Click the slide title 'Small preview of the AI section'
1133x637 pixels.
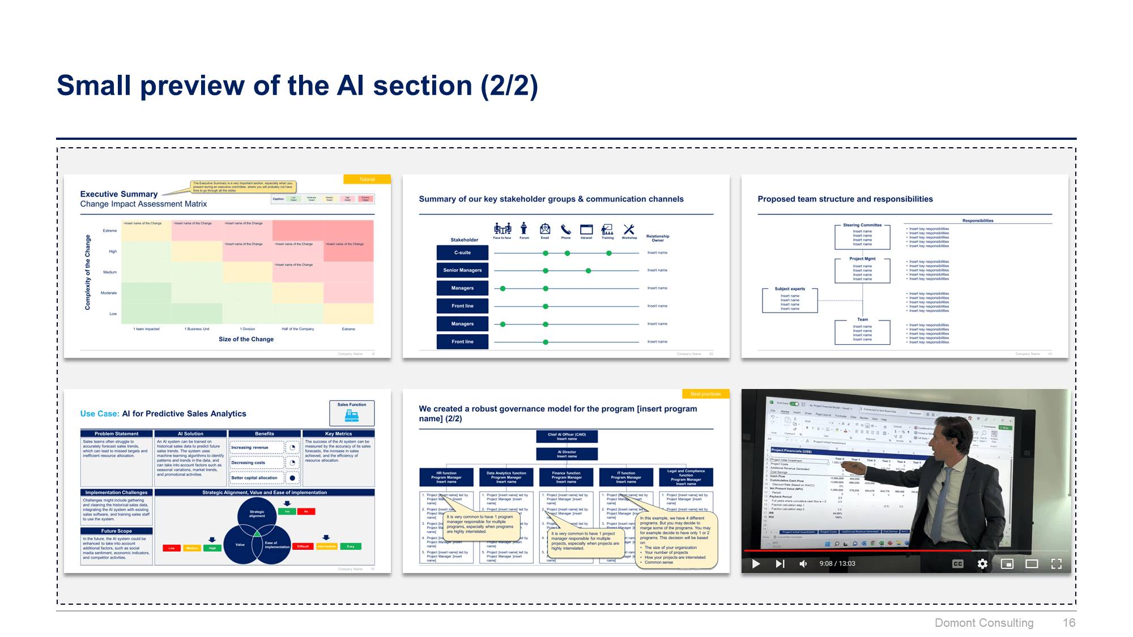(297, 86)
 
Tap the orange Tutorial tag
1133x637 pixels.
(367, 179)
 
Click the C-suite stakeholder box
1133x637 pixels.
(462, 253)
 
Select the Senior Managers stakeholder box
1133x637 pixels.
(462, 270)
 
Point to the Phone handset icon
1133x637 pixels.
(565, 229)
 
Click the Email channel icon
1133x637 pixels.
(544, 229)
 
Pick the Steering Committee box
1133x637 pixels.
(862, 236)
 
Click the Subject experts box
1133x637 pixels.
(790, 299)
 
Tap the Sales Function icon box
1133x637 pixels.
(352, 413)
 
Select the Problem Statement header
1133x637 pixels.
(116, 434)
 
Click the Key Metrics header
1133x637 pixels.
(338, 434)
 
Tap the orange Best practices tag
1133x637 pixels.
(705, 394)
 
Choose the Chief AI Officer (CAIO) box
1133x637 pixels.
(566, 437)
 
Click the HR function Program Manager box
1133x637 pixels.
(446, 477)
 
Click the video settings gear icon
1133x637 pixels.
(982, 563)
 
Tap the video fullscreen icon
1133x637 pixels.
(1057, 563)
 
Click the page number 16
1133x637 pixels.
(1068, 623)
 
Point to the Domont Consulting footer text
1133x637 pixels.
(983, 623)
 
